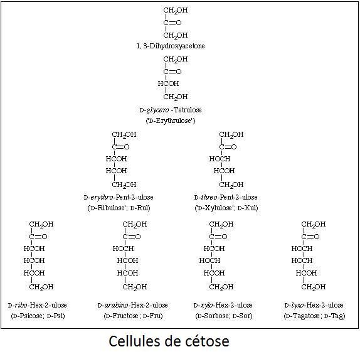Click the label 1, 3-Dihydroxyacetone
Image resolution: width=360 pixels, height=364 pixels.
click(x=171, y=46)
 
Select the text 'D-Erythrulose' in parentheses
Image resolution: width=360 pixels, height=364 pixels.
click(x=171, y=120)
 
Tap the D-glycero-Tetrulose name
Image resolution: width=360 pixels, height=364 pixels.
click(x=171, y=110)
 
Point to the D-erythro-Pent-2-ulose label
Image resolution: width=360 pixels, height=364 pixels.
click(x=119, y=197)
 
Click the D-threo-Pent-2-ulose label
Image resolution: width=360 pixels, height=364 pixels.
click(x=226, y=197)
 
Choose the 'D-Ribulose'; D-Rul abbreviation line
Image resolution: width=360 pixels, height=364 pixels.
click(x=119, y=208)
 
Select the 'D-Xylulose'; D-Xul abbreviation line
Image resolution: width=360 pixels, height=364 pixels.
click(x=226, y=208)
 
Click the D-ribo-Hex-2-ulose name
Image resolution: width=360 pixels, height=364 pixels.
click(x=38, y=305)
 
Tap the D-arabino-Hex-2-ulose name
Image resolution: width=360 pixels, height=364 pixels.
click(x=132, y=305)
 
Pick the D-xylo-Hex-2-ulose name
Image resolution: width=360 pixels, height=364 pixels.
click(x=223, y=305)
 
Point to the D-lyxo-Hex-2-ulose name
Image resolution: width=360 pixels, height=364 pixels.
click(x=314, y=305)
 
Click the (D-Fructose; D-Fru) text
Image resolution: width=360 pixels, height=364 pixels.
click(x=133, y=316)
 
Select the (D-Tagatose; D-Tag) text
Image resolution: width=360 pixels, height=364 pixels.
click(x=314, y=316)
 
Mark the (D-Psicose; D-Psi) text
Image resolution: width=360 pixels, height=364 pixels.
click(x=38, y=316)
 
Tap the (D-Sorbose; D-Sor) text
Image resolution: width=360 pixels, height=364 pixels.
click(x=224, y=316)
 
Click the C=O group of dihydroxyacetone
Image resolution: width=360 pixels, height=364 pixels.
click(x=172, y=23)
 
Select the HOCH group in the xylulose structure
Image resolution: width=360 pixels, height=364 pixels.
click(x=220, y=159)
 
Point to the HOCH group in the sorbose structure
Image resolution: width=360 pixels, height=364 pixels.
click(x=209, y=260)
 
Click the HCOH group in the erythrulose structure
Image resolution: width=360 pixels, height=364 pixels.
click(x=168, y=83)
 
